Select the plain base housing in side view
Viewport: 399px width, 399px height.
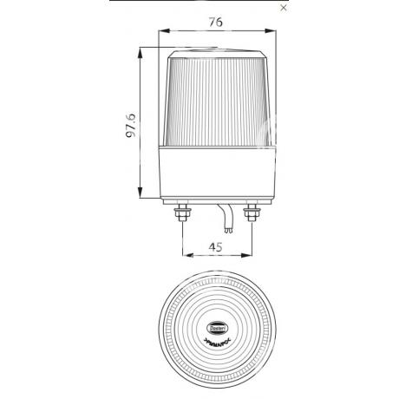[x=218, y=174]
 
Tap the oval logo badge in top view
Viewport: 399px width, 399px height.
[x=218, y=320]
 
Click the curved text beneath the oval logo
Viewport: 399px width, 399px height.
[x=218, y=332]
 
